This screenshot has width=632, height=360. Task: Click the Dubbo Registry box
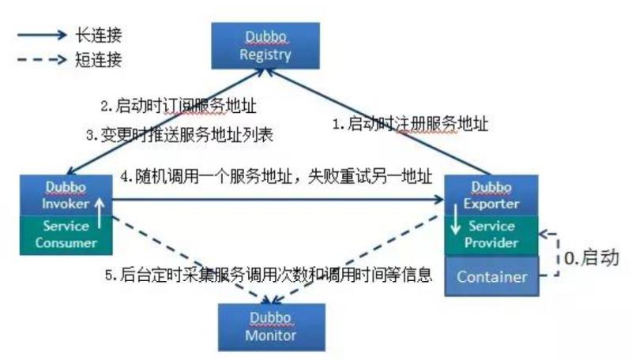[x=265, y=46]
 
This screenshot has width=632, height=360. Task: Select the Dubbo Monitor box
[x=272, y=327]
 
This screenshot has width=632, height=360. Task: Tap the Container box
[x=491, y=276]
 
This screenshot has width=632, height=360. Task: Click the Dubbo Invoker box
[x=66, y=195]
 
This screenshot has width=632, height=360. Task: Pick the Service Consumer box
[x=66, y=234]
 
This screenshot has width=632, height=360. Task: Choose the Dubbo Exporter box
[x=491, y=195]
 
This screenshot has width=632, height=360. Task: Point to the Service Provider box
[x=491, y=235]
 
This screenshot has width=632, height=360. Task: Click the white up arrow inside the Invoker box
[x=100, y=213]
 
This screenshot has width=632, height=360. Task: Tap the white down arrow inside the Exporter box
[x=456, y=219]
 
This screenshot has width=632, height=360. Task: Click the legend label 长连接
[x=98, y=35]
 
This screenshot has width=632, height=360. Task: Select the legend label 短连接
[x=98, y=59]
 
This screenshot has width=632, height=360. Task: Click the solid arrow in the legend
[x=42, y=35]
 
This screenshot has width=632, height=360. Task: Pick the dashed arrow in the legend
[x=42, y=60]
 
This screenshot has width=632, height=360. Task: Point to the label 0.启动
[x=591, y=257]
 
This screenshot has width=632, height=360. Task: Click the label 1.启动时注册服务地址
[x=410, y=124]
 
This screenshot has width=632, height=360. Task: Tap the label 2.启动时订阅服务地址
[x=179, y=106]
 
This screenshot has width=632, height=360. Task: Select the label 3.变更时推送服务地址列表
[x=180, y=134]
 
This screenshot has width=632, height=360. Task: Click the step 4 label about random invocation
[x=276, y=176]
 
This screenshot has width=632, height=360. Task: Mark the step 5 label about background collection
[x=269, y=275]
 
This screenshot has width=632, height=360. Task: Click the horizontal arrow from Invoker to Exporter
[x=278, y=199]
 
